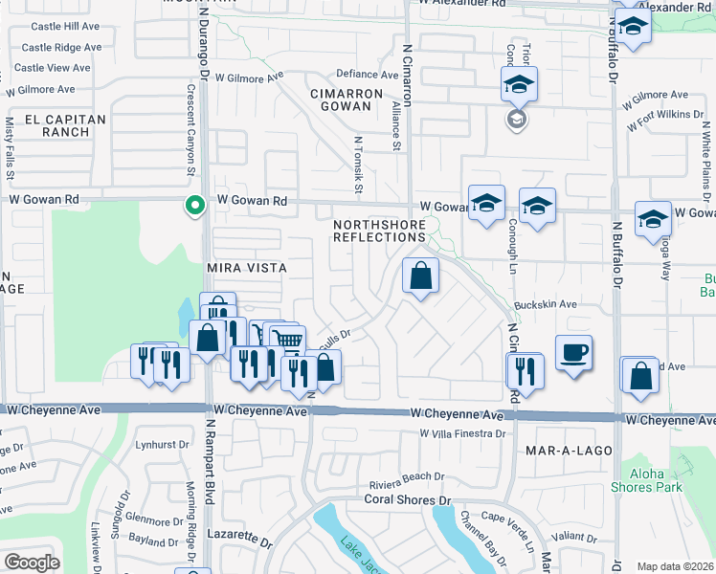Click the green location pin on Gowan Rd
194,205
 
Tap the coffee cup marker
573,352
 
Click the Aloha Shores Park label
647,479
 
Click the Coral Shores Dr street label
406,499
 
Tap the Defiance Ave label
367,75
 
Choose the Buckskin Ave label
546,304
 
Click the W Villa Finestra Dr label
461,433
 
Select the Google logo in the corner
32,563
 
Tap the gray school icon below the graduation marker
516,120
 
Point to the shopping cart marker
287,340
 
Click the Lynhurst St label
163,446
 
